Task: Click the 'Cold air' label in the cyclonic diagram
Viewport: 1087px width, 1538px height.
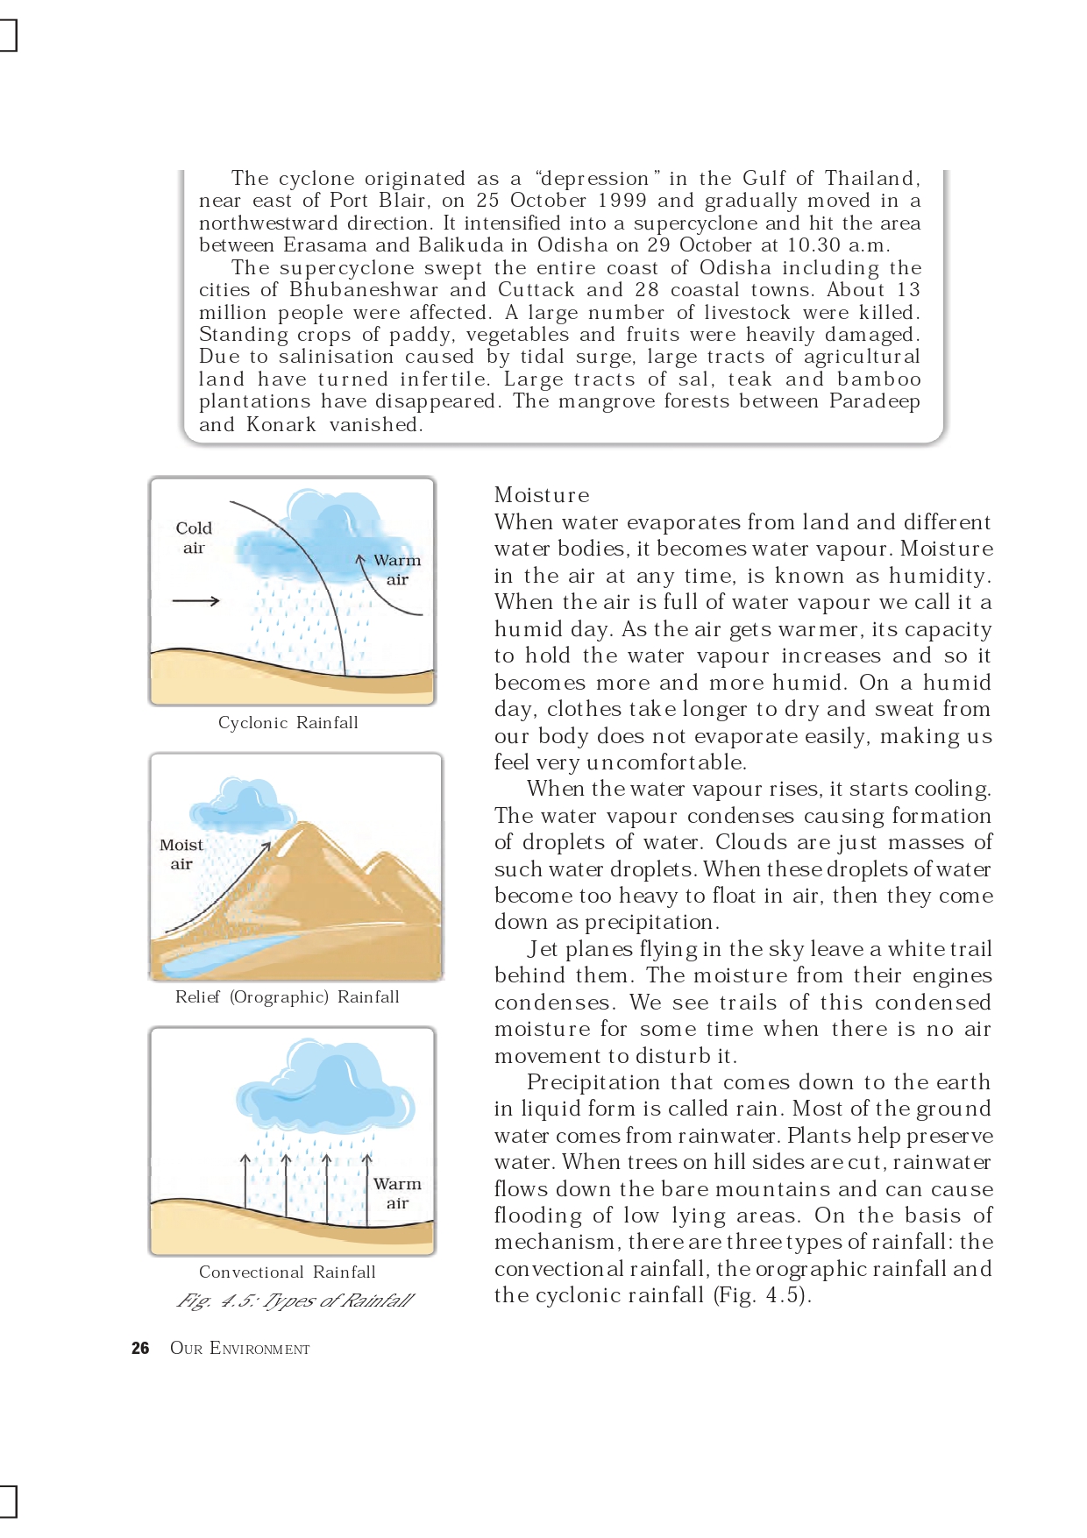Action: [194, 537]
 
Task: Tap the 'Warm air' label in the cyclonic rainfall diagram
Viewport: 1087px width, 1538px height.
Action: [397, 569]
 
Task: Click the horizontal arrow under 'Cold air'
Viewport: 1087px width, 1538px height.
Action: [195, 601]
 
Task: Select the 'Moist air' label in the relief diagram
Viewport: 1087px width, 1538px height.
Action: [181, 854]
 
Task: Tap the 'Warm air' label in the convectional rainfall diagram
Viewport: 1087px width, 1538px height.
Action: [397, 1193]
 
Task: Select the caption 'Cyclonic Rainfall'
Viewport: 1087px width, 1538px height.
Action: [288, 723]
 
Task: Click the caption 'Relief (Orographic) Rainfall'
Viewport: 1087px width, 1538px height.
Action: [287, 997]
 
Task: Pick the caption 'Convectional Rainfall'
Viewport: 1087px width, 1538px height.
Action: [287, 1272]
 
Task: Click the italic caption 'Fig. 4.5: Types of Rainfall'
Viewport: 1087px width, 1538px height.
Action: [295, 1301]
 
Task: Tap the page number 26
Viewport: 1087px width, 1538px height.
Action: [140, 1349]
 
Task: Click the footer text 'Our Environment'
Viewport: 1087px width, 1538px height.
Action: [239, 1349]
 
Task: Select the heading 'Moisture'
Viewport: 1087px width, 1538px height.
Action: [542, 495]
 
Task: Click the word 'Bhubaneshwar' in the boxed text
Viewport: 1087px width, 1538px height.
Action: [363, 290]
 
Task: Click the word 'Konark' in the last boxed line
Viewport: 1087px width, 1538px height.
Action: [281, 425]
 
